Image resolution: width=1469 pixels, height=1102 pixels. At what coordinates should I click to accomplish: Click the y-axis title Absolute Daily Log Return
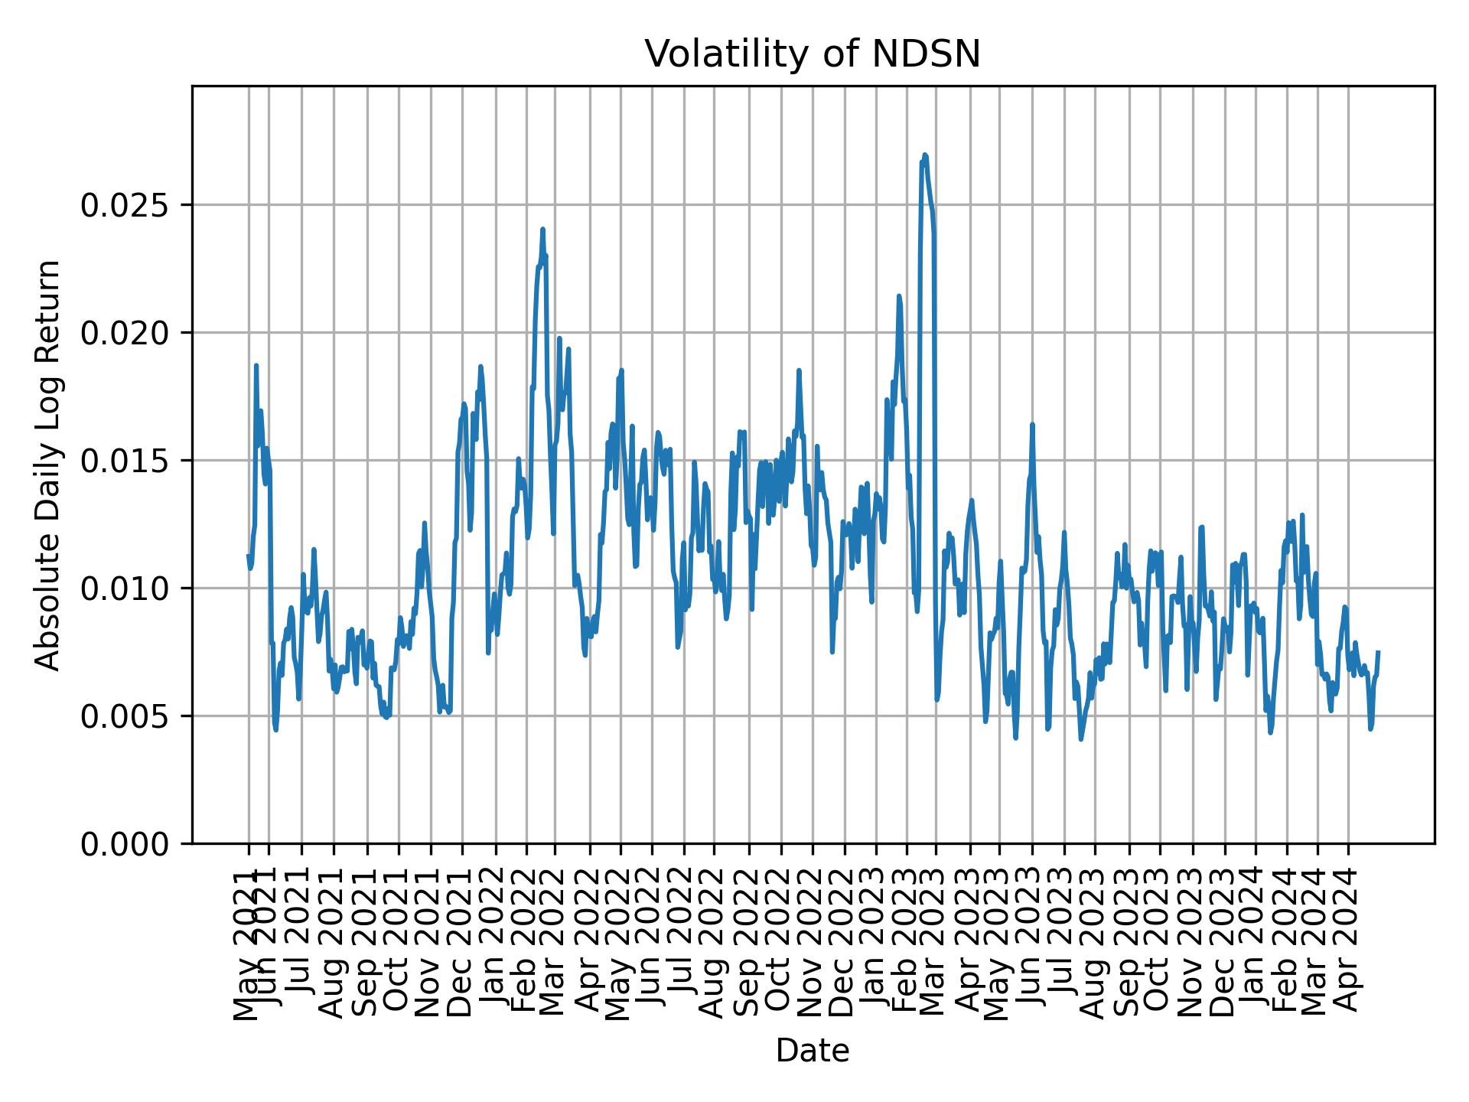(49, 465)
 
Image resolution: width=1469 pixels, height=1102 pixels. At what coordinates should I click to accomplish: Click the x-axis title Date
(812, 1051)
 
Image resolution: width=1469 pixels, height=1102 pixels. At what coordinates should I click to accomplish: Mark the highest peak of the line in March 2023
(925, 155)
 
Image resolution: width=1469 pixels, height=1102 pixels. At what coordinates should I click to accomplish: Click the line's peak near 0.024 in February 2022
(542, 229)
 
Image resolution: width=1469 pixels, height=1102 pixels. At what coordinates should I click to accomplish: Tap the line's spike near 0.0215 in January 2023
(899, 295)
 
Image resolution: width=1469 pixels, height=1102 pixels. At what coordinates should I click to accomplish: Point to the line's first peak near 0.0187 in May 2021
(256, 366)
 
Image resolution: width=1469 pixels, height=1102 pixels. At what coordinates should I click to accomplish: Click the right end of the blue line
(1378, 652)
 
